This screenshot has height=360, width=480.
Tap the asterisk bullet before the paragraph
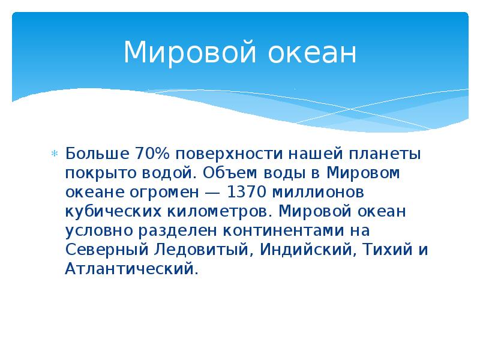[54, 154]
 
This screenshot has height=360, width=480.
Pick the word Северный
[103, 250]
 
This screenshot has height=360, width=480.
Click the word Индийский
[306, 250]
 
